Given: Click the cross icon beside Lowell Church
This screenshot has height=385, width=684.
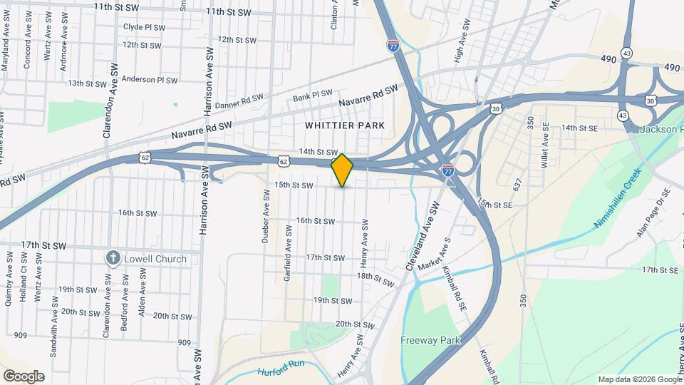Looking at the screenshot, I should [x=112, y=258].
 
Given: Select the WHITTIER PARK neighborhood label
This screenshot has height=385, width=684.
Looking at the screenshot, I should [x=345, y=125].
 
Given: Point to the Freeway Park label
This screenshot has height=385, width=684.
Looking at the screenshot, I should [x=430, y=340].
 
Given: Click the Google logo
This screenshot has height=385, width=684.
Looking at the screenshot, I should [x=24, y=376].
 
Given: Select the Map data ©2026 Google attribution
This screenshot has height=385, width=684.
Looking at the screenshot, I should [x=638, y=379].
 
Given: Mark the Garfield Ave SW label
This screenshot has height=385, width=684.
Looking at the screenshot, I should [x=288, y=253].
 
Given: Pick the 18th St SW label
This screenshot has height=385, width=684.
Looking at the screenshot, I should [x=375, y=279].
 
